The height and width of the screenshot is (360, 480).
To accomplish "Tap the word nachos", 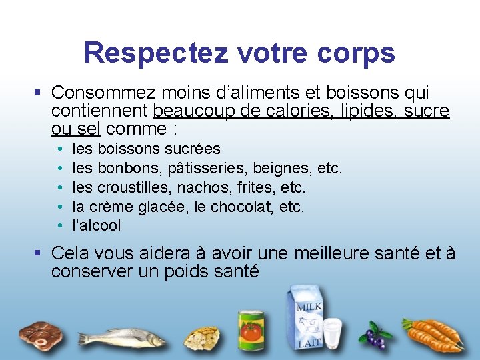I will tap(215, 187).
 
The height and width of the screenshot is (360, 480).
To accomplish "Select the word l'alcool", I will tap(97, 225).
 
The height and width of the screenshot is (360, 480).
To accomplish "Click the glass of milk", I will tap(332, 333).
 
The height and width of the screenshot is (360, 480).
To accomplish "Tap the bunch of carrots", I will tap(433, 333).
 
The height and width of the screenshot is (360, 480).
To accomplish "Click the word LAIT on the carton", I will tap(309, 342).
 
